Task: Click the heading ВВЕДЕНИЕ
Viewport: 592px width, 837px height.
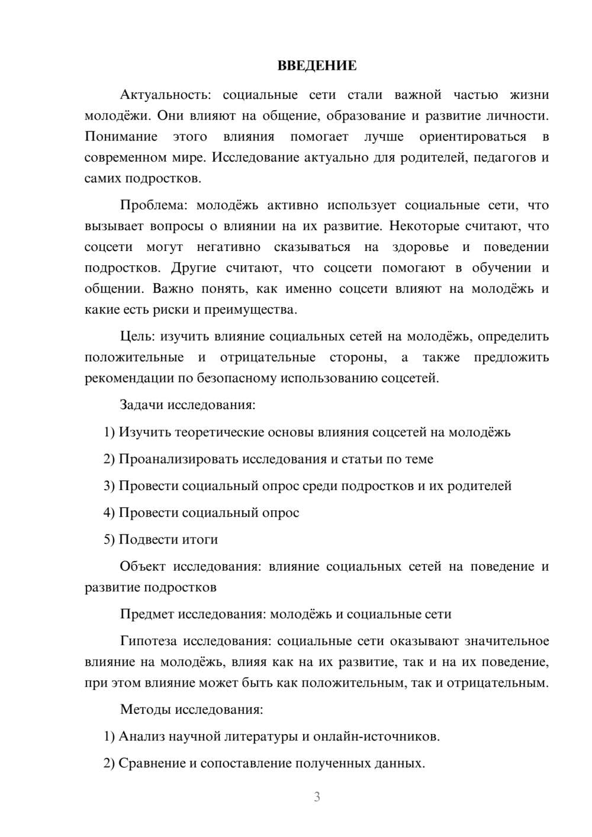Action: [317, 66]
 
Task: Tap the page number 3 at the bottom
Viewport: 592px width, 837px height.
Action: [317, 797]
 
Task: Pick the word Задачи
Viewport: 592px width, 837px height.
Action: [142, 405]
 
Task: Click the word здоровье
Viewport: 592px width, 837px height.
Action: [420, 247]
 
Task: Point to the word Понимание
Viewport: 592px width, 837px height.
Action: [121, 137]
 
